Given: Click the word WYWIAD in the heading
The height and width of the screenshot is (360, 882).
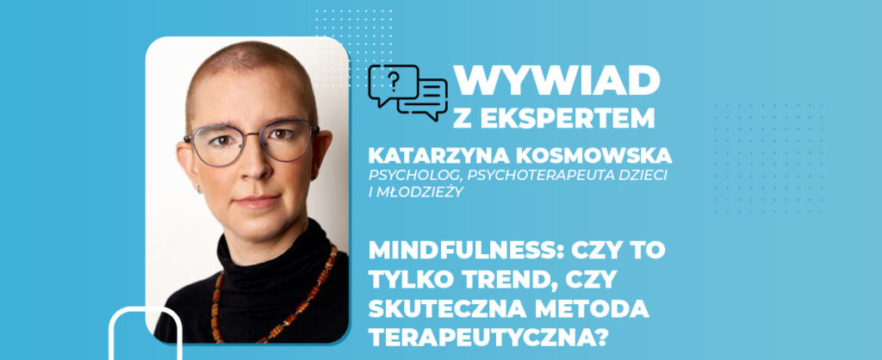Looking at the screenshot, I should coord(557,80).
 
